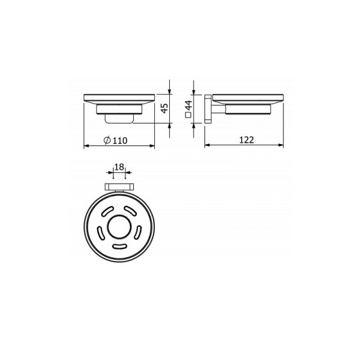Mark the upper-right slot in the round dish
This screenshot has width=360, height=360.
tap(131, 211)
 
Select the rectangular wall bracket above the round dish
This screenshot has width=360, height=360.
tap(119, 187)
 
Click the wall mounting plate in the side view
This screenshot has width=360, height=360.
tap(208, 109)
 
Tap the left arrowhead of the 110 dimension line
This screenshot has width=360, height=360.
tap(85, 146)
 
